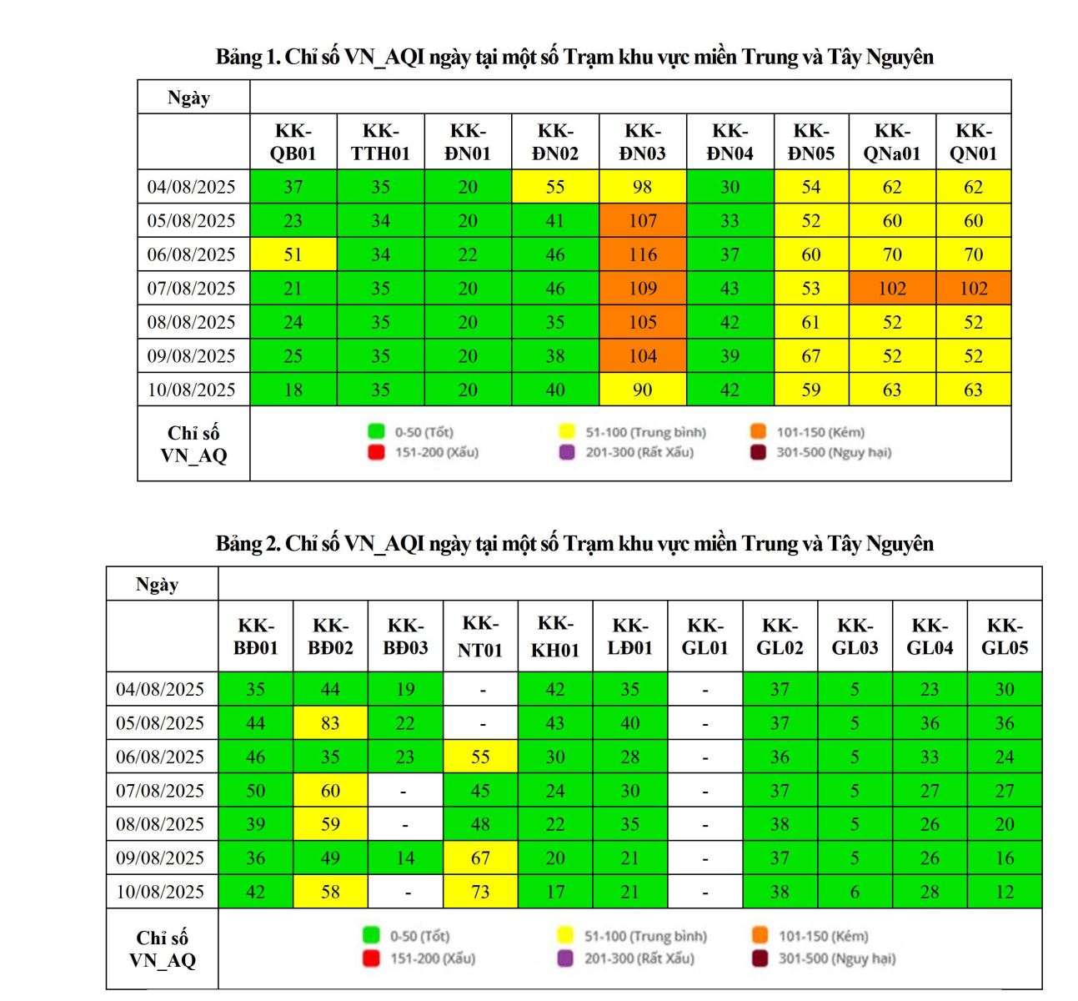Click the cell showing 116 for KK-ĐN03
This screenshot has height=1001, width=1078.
pos(642,254)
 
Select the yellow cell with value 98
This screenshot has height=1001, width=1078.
pos(642,187)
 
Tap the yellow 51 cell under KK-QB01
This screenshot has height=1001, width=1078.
pos(293,254)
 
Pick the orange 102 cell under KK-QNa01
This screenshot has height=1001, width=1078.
pos(891,289)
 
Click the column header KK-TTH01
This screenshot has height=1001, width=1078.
pos(380,142)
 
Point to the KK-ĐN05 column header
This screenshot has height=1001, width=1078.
pos(810,142)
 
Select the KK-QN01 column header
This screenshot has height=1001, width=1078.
pos(973,142)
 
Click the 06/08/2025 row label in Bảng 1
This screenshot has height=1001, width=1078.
pos(192,254)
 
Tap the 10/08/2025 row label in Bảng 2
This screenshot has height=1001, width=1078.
pos(160,892)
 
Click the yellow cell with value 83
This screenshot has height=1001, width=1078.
pos(330,723)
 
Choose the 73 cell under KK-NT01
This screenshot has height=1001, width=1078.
pos(480,892)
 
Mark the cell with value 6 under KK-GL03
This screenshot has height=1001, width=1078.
pos(855,892)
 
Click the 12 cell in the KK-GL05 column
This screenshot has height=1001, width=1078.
pos(1005,892)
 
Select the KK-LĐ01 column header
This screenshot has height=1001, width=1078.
pos(629,636)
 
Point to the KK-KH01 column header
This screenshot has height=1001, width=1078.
pos(554,636)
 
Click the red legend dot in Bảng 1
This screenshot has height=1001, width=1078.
pos(376,453)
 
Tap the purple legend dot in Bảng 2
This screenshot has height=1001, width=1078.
pos(566,958)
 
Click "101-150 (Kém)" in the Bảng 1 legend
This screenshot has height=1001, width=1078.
pos(820,432)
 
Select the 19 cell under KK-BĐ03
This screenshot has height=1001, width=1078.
pos(405,689)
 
